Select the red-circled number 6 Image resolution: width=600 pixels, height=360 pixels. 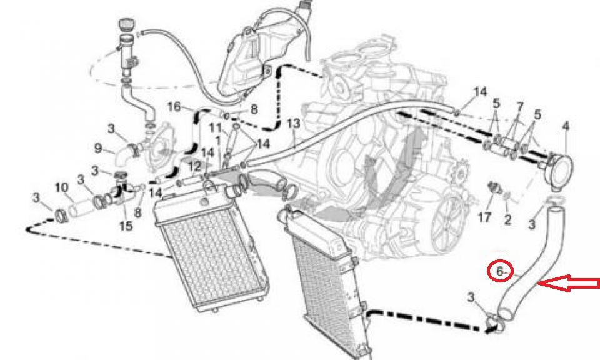[x=500, y=271]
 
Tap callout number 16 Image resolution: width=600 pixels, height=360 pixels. [x=174, y=107]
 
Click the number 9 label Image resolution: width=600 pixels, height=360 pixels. [x=98, y=148]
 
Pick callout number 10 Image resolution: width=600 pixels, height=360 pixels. [x=61, y=187]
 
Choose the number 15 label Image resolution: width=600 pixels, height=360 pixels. [x=126, y=225]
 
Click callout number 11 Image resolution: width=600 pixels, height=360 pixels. [x=216, y=129]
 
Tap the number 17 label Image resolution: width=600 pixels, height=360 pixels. [x=485, y=218]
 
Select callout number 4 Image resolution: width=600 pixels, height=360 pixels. [x=566, y=127]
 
